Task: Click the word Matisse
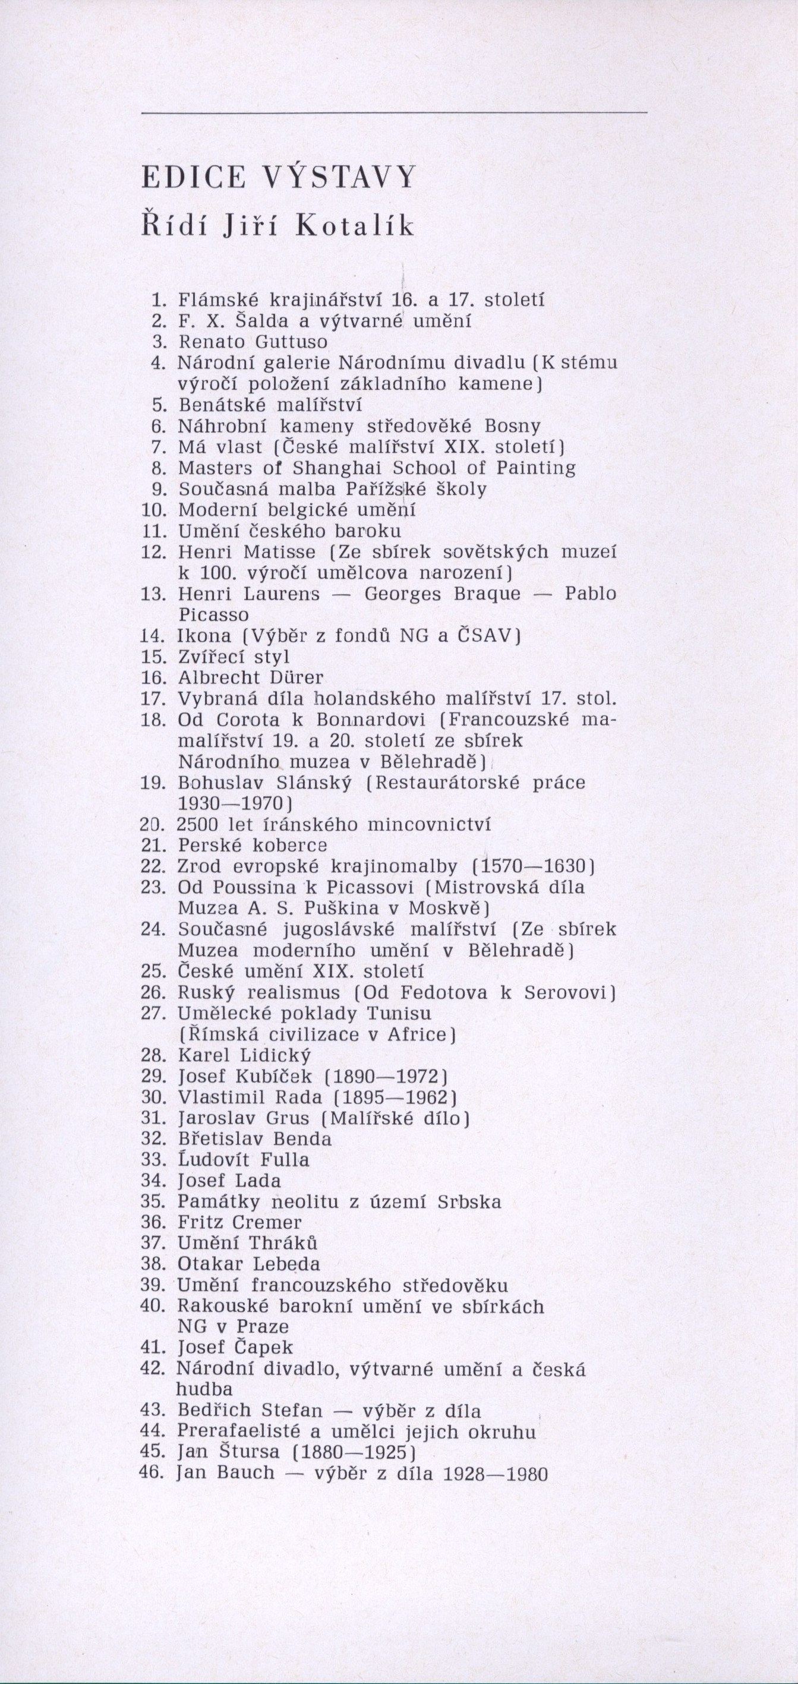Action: (280, 552)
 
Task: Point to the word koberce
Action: (290, 846)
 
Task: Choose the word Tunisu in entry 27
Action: (399, 1013)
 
